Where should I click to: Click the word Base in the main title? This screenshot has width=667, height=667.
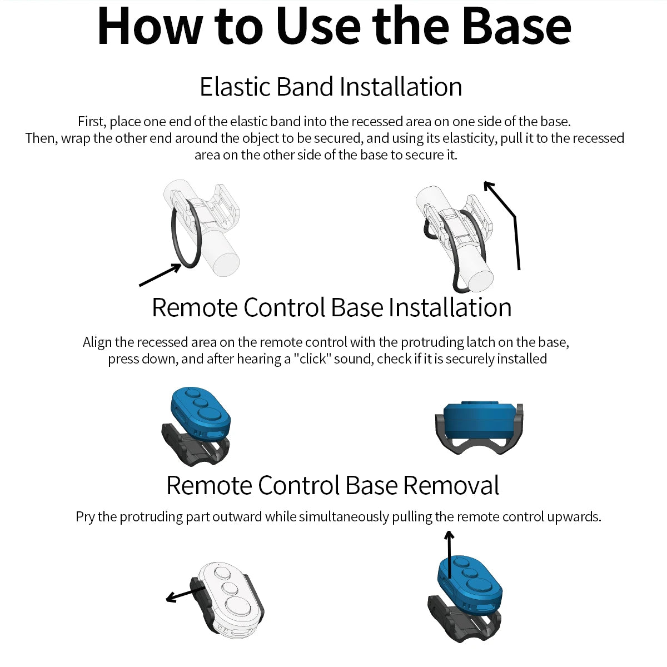[x=516, y=27]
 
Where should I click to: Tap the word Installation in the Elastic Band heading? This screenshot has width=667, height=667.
[x=401, y=87]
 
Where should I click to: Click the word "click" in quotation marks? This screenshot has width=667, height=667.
[x=313, y=359]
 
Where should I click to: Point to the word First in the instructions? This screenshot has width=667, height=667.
[x=91, y=122]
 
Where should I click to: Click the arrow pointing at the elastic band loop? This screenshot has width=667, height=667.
[x=160, y=275]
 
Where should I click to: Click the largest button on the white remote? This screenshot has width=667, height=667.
[x=238, y=606]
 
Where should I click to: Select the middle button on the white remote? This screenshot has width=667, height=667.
[x=229, y=588]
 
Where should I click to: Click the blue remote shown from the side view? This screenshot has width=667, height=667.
[x=479, y=418]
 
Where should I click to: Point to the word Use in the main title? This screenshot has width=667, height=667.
[x=319, y=27]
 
